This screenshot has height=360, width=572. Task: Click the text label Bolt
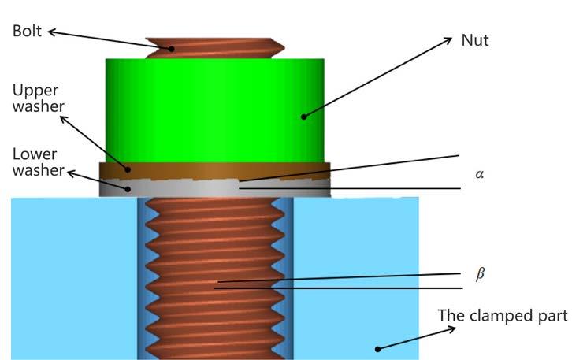[x=28, y=32]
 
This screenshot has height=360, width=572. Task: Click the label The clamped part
[x=502, y=316]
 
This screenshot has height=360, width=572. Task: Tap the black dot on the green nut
[x=302, y=117]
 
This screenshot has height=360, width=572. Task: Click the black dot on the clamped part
[x=378, y=348]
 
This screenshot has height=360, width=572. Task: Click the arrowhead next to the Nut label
[x=449, y=39]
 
